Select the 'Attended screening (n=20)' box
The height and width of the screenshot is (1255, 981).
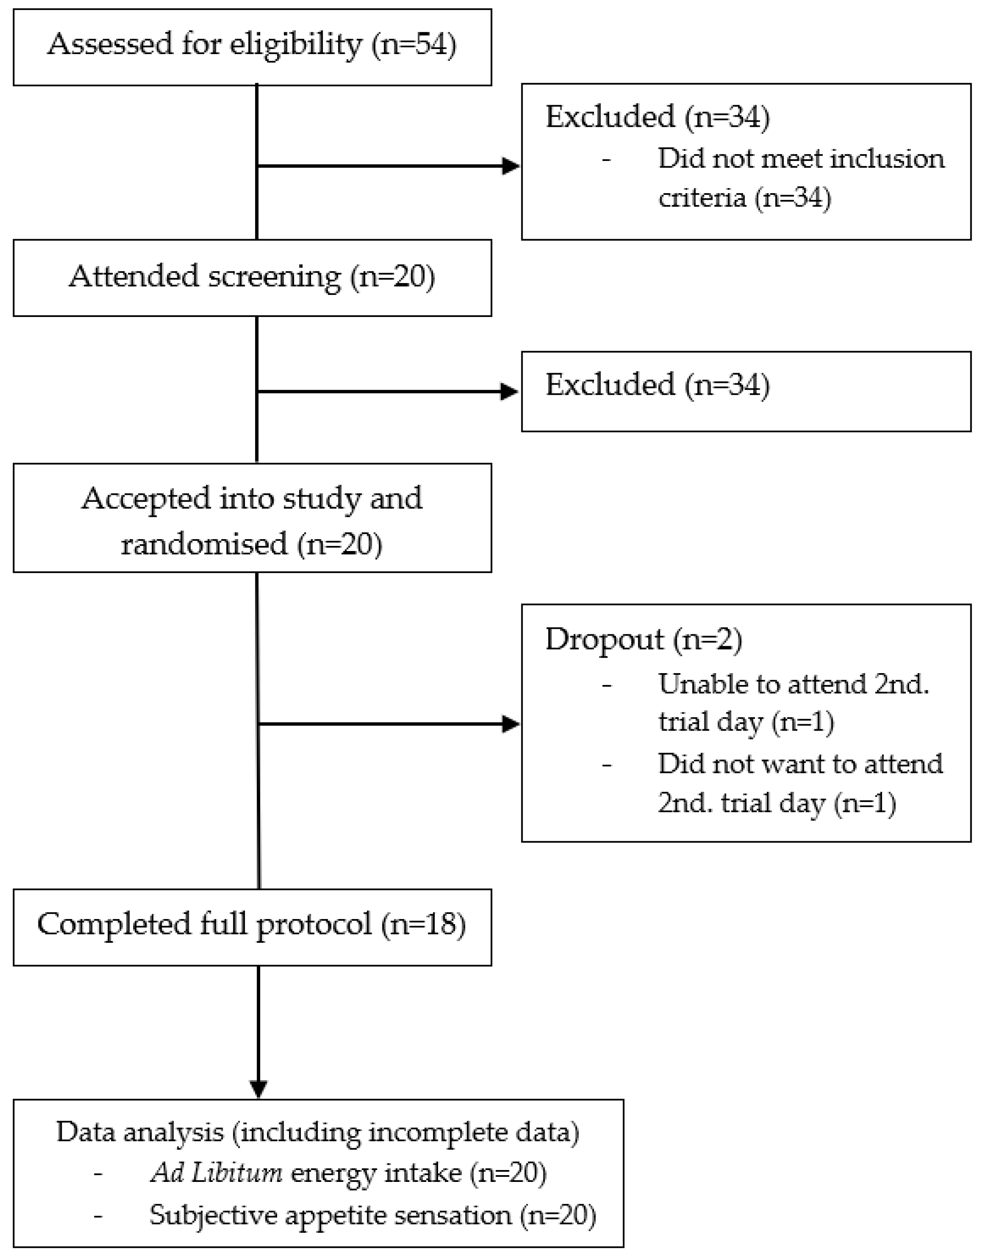pyautogui.click(x=252, y=278)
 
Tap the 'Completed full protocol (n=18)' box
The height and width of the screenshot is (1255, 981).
pyautogui.click(x=252, y=926)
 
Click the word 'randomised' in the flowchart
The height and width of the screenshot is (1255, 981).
pyautogui.click(x=204, y=543)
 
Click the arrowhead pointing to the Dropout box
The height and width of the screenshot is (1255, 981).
pyautogui.click(x=510, y=724)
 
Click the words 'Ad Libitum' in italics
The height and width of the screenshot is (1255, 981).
pyautogui.click(x=216, y=1172)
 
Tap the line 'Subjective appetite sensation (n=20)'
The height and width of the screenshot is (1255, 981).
pyautogui.click(x=372, y=1215)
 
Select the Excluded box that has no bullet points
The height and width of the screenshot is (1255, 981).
pyautogui.click(x=746, y=392)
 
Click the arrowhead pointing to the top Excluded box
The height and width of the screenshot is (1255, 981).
pyautogui.click(x=510, y=166)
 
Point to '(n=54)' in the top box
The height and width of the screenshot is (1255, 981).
pyautogui.click(x=414, y=44)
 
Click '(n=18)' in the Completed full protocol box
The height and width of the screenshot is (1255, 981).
pyautogui.click(x=423, y=924)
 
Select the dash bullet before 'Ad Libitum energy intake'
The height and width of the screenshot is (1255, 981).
pyautogui.click(x=98, y=1173)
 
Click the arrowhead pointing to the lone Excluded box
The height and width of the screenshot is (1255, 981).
pyautogui.click(x=509, y=392)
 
